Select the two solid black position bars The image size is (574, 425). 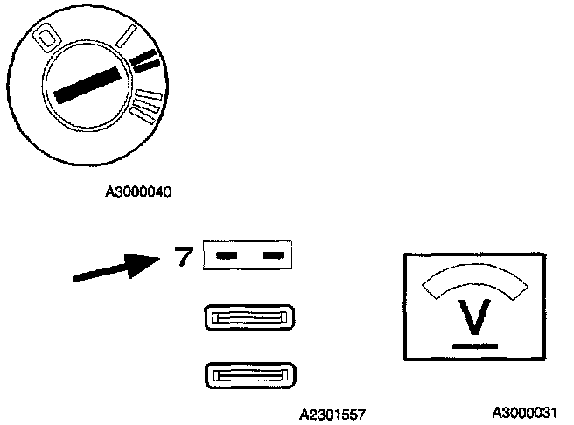point(146,60)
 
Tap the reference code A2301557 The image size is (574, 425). point(332,414)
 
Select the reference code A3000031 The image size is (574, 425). point(524,411)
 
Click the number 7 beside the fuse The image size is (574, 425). point(183,257)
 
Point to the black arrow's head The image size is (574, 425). point(144,264)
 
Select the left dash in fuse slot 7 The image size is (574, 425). point(227,255)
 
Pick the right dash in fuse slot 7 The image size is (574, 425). point(274,255)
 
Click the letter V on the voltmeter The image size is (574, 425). point(473,317)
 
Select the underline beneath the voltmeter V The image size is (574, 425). point(473,345)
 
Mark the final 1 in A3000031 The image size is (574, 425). point(551,411)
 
